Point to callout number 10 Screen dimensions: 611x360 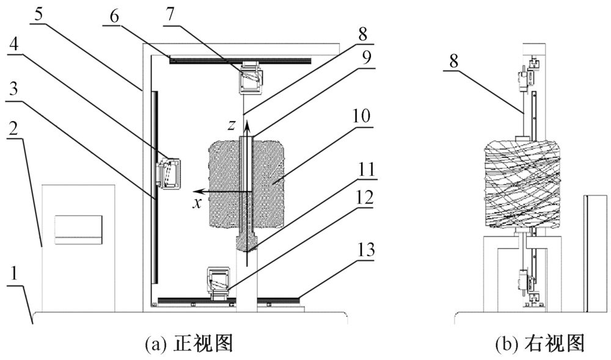pos(362,116)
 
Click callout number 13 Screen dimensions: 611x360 pos(365,250)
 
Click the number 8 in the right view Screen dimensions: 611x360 pos(453,62)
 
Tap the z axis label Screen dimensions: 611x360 pos(232,125)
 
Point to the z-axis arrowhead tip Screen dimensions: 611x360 pos(247,119)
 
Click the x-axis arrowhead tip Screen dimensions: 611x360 pos(194,191)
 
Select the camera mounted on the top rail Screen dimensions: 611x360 pos(251,77)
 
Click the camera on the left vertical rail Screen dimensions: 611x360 pos(168,175)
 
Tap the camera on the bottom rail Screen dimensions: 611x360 pos(220,283)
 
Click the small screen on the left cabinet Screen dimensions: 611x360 pos(78,229)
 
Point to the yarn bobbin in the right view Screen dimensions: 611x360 pos(524,184)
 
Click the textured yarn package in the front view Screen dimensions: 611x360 pos(247,184)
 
